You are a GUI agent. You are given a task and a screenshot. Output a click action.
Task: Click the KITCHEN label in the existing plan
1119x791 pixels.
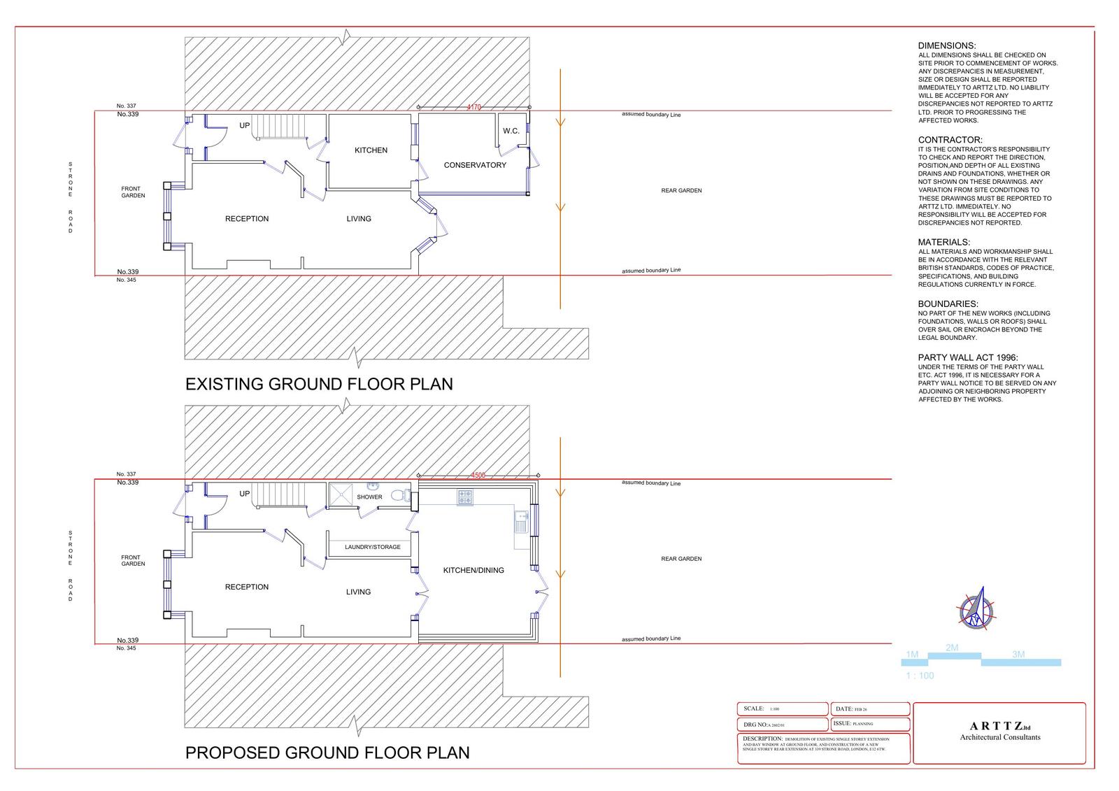click(371, 150)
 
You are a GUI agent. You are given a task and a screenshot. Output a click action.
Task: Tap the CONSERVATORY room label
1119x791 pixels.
click(475, 166)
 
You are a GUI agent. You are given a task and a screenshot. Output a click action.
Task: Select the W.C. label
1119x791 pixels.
click(511, 131)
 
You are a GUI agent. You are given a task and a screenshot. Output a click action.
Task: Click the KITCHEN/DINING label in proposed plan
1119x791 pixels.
click(473, 571)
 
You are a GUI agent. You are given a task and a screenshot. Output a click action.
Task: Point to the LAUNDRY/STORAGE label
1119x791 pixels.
click(373, 547)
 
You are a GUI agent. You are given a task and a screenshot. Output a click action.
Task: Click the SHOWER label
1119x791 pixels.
click(369, 497)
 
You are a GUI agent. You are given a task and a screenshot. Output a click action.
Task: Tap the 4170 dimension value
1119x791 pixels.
click(474, 107)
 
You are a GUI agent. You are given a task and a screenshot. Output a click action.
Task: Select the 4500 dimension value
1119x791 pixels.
click(478, 476)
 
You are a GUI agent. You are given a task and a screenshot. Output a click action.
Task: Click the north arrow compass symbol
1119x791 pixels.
click(976, 609)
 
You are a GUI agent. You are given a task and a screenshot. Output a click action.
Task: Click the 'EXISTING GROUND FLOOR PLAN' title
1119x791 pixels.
click(319, 384)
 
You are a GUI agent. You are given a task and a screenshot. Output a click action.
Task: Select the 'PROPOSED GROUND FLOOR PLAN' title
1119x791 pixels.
click(327, 753)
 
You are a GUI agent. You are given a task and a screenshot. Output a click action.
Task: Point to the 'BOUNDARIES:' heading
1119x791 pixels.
click(948, 304)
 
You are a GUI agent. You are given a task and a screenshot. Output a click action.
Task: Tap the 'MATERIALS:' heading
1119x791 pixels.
click(944, 243)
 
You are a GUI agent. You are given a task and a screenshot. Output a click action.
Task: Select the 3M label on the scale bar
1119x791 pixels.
click(1018, 655)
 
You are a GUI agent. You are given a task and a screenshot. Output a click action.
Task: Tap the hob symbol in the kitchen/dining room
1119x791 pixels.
click(465, 497)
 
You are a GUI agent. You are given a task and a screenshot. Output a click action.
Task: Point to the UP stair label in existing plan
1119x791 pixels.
click(245, 126)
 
